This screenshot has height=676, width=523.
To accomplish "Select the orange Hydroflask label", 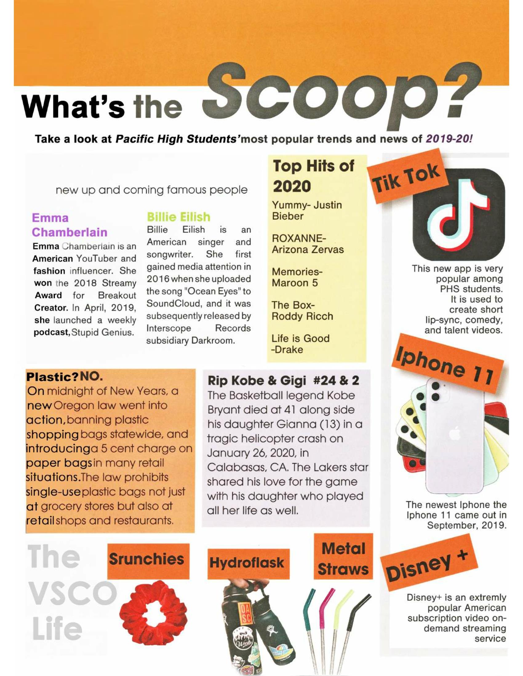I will (x=248, y=563).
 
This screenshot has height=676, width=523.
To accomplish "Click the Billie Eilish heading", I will (x=178, y=217).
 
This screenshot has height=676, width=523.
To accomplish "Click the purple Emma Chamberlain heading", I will (x=70, y=225).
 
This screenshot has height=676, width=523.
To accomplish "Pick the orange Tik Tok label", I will (x=407, y=177).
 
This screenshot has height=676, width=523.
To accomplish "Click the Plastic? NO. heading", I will (x=64, y=377).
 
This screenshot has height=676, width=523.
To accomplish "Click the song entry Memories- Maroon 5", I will (x=297, y=277).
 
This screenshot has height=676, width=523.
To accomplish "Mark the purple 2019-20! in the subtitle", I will (x=449, y=138).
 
